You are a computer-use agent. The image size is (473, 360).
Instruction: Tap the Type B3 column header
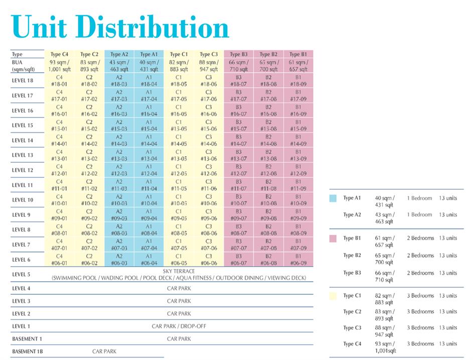click(238, 54)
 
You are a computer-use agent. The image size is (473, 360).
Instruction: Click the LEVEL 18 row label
click(23, 81)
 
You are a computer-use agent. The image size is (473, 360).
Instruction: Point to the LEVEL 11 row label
click(23, 185)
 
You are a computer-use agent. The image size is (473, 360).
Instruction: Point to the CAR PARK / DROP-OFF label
click(179, 326)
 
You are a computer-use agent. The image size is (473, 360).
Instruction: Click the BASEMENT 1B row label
click(28, 351)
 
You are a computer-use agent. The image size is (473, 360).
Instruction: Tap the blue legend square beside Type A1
click(333, 198)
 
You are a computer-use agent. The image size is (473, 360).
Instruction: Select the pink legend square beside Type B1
click(333, 238)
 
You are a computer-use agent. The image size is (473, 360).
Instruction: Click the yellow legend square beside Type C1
click(333, 296)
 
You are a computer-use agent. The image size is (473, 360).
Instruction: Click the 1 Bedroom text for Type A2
click(419, 215)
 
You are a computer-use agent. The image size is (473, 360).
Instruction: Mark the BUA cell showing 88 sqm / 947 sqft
click(208, 66)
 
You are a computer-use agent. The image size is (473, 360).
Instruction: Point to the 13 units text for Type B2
click(448, 256)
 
